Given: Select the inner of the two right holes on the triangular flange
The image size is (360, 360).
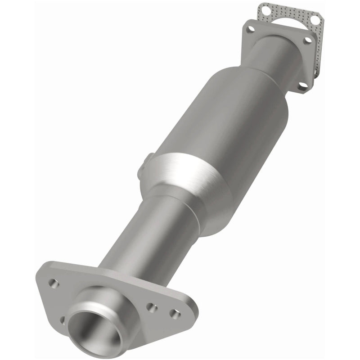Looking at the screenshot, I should click(153, 308).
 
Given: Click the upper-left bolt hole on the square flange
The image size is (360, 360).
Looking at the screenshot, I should click(250, 29).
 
